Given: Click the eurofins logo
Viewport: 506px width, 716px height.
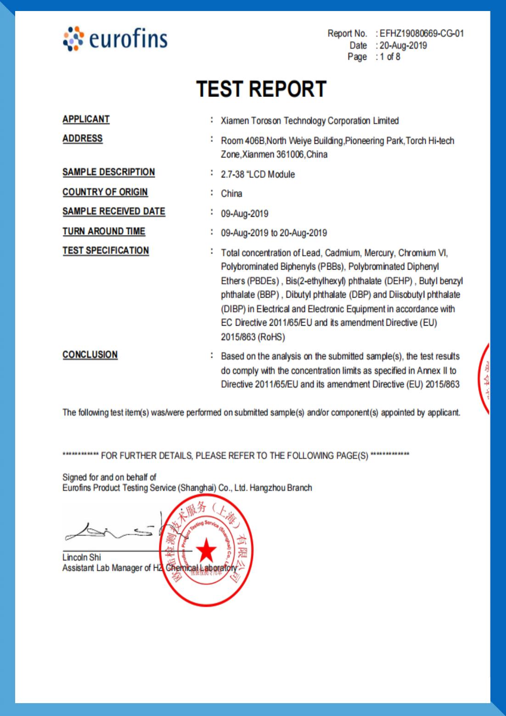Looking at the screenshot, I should click(115, 38).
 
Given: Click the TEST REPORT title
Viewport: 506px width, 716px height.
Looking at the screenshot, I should click(261, 89).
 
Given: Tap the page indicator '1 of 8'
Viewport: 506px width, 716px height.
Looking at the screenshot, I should click(390, 57).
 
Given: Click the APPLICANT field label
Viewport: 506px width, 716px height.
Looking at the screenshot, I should click(86, 119).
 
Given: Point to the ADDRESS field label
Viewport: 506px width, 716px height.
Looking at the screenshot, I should click(83, 139).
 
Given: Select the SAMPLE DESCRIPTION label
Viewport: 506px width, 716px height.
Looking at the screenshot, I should click(109, 172).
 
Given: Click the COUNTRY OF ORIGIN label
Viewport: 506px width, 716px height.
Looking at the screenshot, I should click(105, 192).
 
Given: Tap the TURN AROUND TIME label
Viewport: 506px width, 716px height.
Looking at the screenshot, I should click(104, 231).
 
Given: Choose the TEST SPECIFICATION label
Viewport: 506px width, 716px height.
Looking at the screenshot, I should click(106, 251).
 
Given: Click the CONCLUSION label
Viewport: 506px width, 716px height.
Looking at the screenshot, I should click(90, 355).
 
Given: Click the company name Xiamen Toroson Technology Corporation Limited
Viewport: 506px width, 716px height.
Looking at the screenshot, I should click(309, 121).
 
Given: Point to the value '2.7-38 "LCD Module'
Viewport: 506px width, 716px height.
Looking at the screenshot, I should click(258, 175).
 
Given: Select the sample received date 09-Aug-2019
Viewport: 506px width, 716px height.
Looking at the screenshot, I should click(244, 214).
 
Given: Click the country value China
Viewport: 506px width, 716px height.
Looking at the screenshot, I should click(231, 194).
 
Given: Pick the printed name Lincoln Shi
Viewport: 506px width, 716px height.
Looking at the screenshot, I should click(81, 558).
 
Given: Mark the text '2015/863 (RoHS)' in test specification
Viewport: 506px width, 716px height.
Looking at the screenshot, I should click(253, 337).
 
